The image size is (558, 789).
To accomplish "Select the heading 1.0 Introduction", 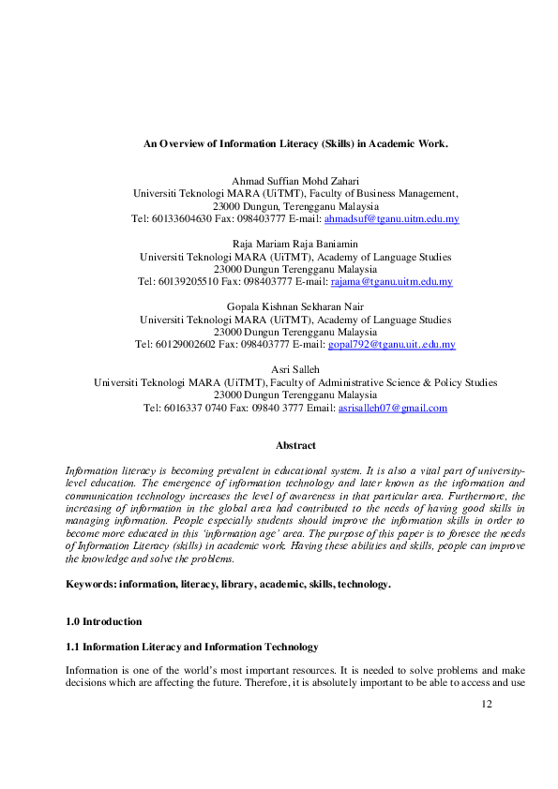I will coord(103,621).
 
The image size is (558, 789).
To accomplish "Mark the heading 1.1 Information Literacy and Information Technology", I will coord(191,647).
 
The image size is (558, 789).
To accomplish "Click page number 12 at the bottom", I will coord(485,703).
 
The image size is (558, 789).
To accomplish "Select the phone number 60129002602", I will coord(181,344).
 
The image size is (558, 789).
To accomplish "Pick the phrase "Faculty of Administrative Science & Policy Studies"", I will coord(384,382).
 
